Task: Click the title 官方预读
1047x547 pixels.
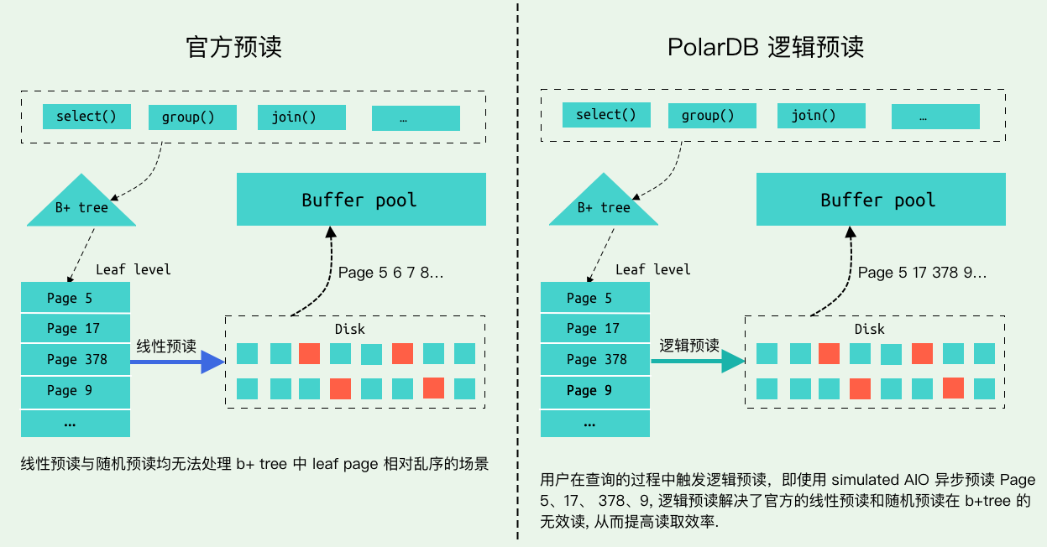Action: click(233, 47)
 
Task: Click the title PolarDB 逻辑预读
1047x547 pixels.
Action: click(766, 47)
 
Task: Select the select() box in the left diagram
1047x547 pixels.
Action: click(86, 117)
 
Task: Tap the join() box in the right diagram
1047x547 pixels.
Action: click(821, 116)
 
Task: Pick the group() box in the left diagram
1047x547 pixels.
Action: click(192, 117)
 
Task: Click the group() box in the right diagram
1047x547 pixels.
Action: click(712, 116)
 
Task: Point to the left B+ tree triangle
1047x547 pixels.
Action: click(81, 206)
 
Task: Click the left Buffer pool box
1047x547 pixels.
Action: click(361, 200)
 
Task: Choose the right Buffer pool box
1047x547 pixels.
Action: click(881, 200)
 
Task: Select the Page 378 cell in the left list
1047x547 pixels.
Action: click(76, 360)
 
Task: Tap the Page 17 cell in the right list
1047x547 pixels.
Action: click(595, 329)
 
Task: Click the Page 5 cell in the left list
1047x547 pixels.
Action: click(76, 298)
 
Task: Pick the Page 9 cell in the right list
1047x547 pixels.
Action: click(595, 391)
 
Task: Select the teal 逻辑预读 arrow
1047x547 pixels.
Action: click(698, 362)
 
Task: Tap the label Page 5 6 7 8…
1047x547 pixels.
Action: click(390, 272)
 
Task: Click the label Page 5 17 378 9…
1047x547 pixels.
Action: click(922, 272)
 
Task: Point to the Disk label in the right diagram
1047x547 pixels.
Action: click(869, 329)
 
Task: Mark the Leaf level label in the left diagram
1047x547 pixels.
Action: click(133, 269)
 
